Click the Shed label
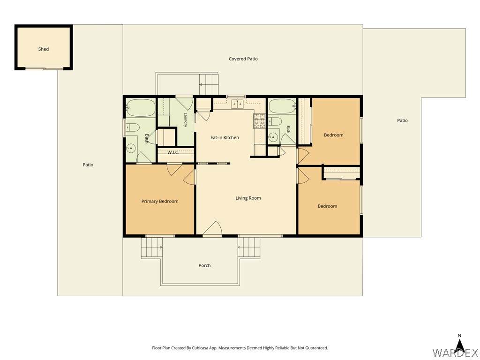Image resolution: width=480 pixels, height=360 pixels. (x=44, y=49)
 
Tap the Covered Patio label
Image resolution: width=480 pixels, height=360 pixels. (x=243, y=59)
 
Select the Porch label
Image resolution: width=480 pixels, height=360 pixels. (x=204, y=265)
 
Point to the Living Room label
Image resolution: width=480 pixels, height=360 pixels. (x=248, y=198)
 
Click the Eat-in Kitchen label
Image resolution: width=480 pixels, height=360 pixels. (x=225, y=137)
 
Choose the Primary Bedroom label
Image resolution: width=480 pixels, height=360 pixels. (x=160, y=201)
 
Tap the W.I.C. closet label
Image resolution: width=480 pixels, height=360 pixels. (x=173, y=152)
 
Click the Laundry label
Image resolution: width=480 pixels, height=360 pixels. (x=186, y=120)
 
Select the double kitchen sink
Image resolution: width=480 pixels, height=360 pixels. (x=238, y=104)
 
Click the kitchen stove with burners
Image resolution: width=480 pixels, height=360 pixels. (x=259, y=121)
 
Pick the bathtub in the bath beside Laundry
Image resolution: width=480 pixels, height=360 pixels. (x=141, y=108)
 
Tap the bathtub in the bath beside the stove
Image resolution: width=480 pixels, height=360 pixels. (x=282, y=107)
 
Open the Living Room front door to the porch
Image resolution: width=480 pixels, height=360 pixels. (x=212, y=229)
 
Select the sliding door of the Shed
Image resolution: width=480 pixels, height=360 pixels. (x=45, y=68)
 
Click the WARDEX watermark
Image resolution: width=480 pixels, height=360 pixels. (x=455, y=353)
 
